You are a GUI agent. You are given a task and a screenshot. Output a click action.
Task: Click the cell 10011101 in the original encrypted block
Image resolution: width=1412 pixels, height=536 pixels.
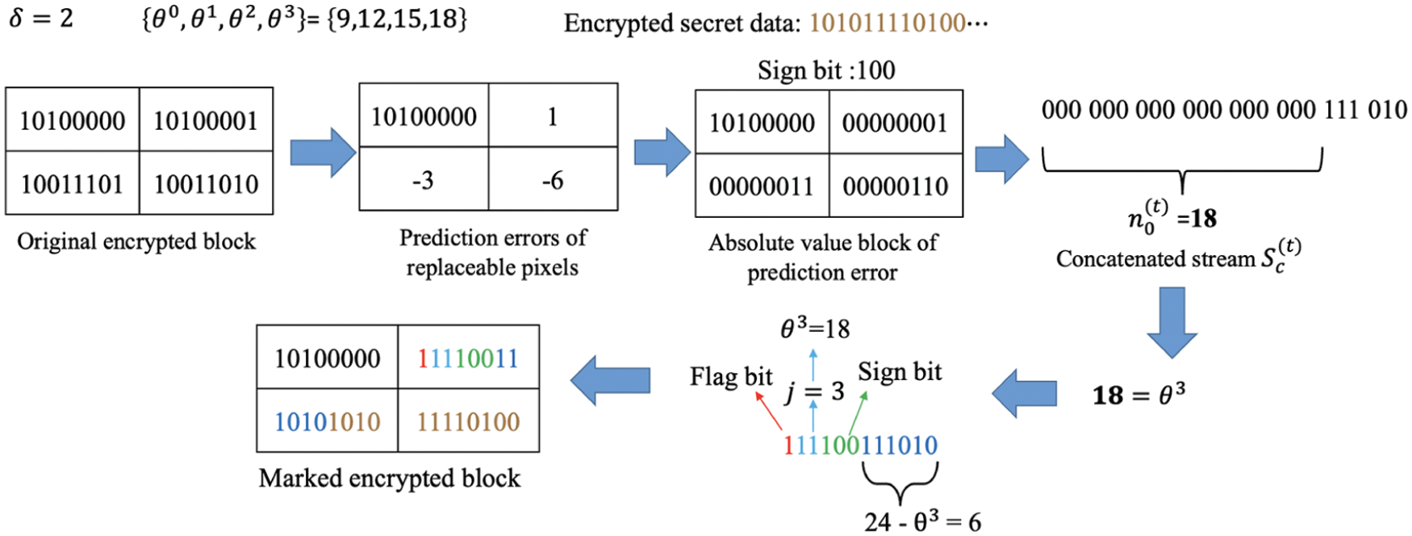click(72, 184)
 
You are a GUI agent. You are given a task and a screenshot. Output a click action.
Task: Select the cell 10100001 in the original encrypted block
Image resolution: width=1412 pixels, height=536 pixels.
click(206, 121)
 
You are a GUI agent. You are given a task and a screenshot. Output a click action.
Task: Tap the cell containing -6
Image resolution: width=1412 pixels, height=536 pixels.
click(553, 180)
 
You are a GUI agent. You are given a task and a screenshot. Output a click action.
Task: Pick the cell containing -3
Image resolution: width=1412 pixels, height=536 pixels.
click(423, 180)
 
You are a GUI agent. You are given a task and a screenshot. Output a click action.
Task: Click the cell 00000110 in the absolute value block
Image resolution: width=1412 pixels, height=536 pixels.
click(896, 186)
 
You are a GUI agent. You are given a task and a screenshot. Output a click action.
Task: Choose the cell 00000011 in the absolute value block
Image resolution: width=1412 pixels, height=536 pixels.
click(762, 186)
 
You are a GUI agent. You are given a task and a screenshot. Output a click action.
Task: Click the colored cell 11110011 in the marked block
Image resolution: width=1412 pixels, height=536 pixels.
click(468, 358)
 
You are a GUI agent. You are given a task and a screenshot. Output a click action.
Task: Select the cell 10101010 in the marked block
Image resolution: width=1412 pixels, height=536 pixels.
click(327, 421)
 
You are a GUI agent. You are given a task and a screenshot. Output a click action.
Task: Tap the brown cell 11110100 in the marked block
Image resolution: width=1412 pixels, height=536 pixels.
click(468, 421)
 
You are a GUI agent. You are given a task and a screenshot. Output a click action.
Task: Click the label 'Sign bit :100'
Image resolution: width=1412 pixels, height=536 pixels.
click(825, 71)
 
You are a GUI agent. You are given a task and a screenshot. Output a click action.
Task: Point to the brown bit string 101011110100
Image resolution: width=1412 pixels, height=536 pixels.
click(888, 23)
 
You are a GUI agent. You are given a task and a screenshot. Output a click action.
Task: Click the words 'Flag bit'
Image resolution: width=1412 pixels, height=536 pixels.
click(731, 377)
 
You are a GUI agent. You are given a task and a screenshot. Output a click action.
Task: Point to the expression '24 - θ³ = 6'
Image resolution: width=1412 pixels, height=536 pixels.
click(922, 522)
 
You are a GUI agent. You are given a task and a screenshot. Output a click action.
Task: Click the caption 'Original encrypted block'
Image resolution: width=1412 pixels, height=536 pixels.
click(136, 241)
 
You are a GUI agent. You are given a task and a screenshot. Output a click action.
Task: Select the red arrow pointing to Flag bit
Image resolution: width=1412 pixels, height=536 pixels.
click(768, 410)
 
